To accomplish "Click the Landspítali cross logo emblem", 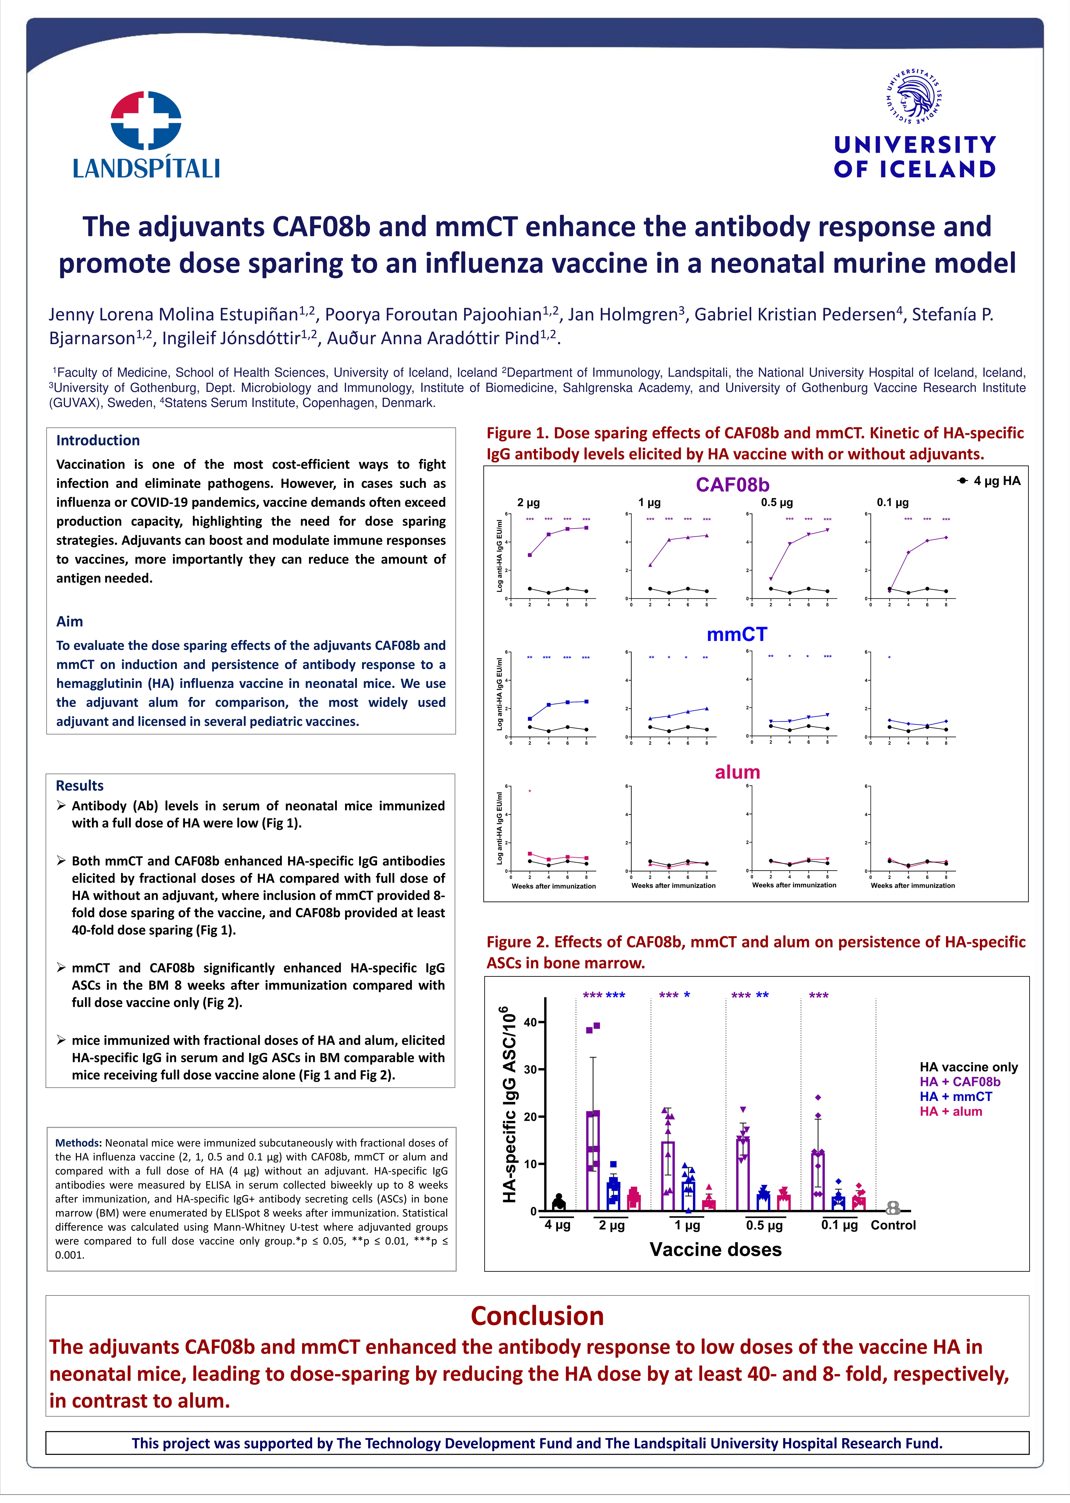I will (x=146, y=120).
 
